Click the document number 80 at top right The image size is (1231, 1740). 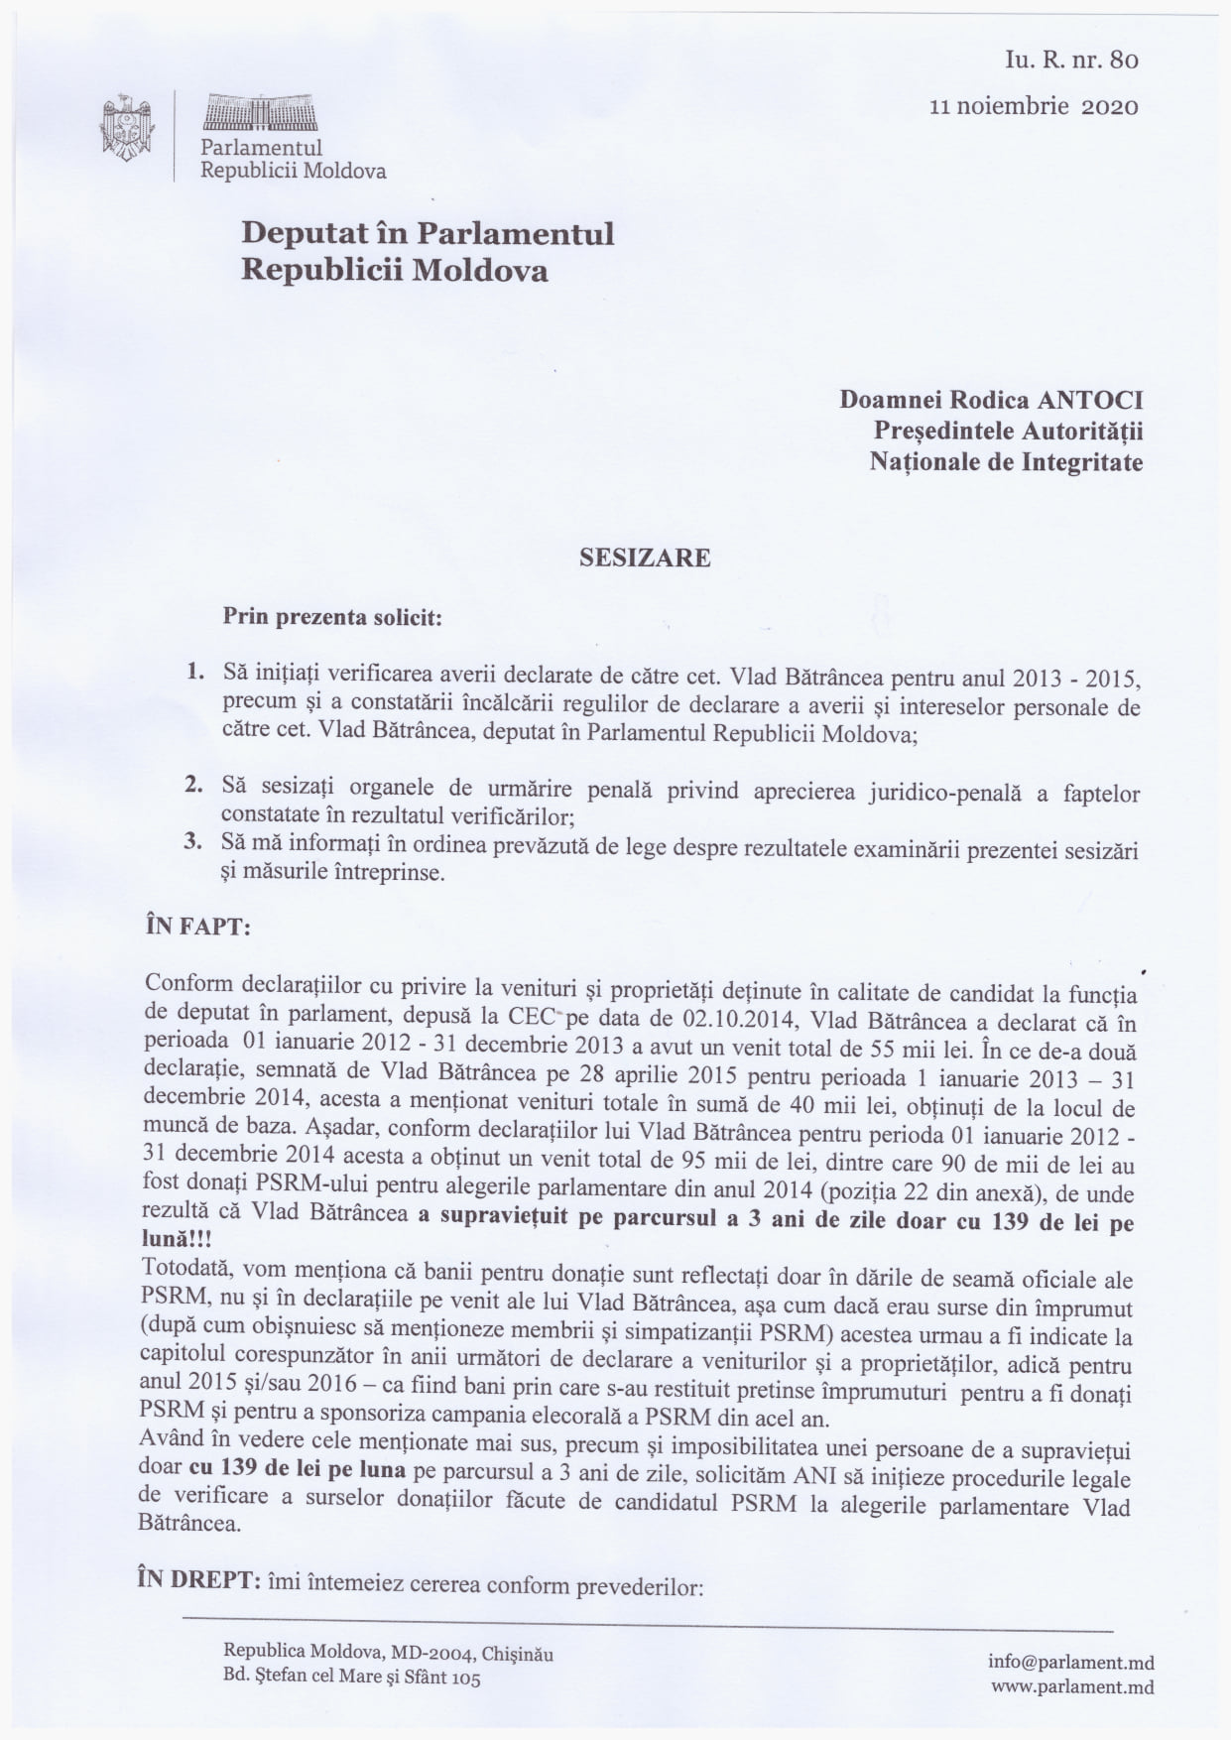1125,60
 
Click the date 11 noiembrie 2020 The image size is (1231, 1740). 1034,106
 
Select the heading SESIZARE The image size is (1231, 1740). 645,558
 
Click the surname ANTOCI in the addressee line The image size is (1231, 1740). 1089,400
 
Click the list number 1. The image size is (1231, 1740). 194,672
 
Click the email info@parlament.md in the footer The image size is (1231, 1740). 1070,1663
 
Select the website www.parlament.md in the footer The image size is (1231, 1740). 1071,1686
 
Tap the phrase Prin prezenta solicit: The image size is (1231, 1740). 332,617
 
